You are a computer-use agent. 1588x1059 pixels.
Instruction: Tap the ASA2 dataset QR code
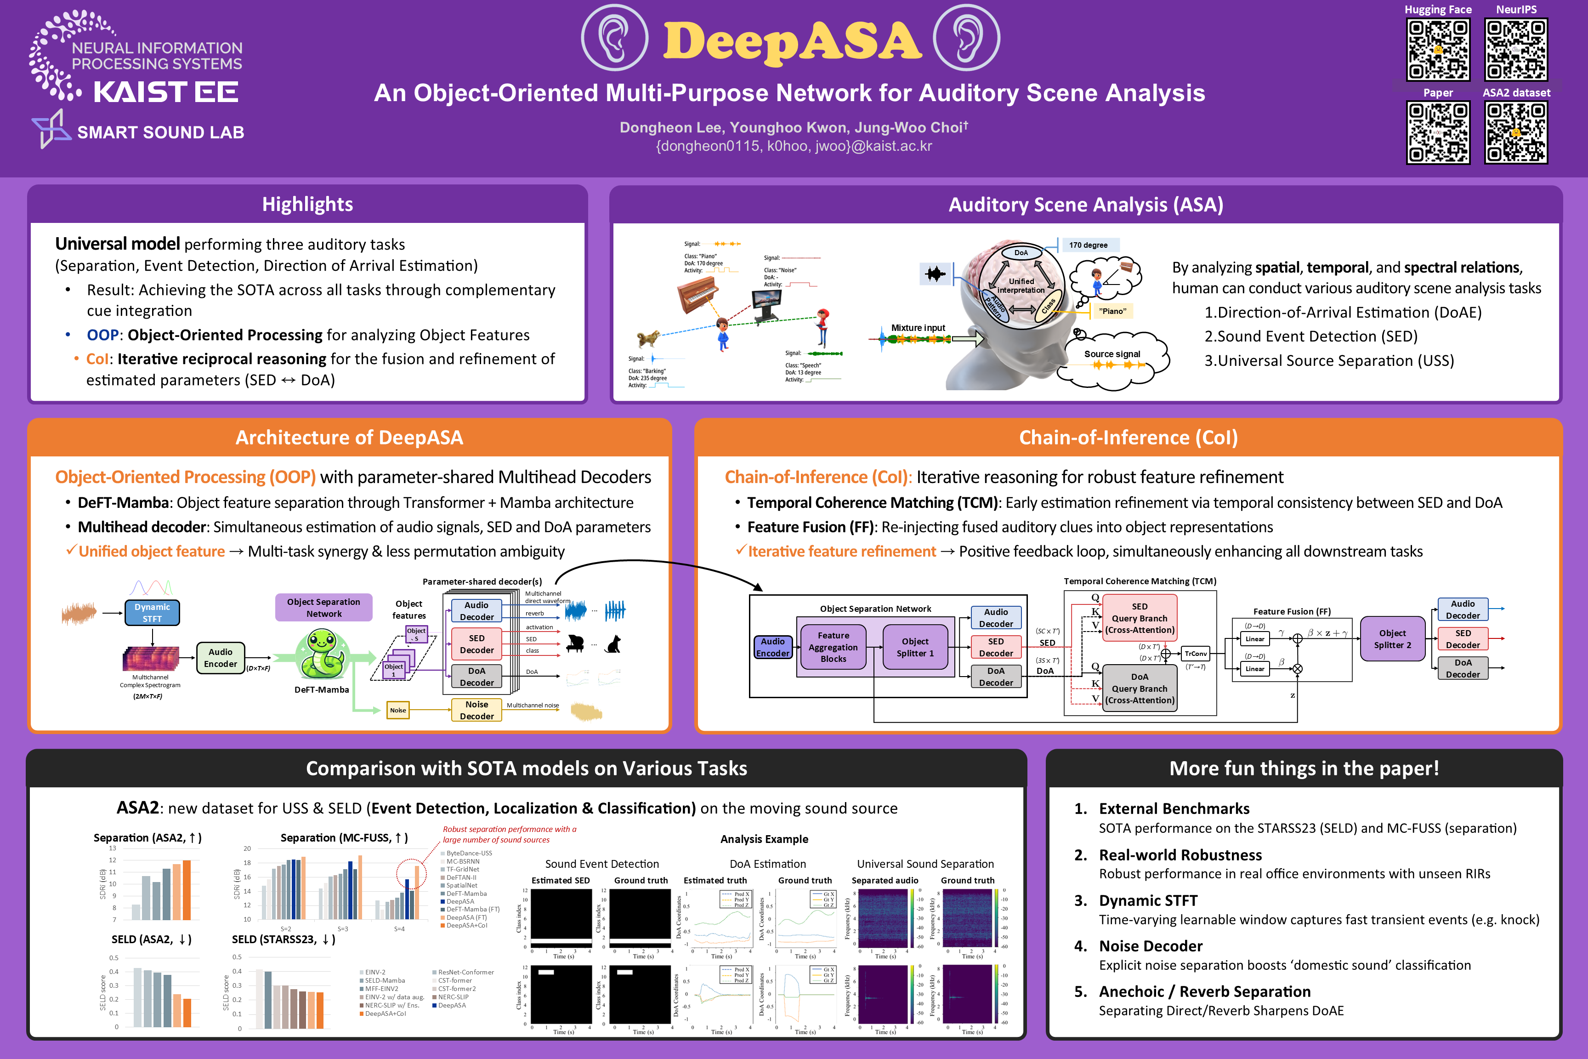[x=1516, y=132]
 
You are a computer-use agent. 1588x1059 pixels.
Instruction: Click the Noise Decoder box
[x=476, y=710]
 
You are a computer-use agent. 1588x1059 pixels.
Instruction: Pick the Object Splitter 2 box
[x=1392, y=639]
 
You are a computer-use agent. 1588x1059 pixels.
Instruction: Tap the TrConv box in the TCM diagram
[x=1195, y=653]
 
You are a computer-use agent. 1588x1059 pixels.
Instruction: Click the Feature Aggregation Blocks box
[x=833, y=647]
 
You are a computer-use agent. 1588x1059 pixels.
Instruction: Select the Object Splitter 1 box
[x=915, y=647]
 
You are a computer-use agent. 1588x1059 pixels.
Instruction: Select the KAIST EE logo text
[x=165, y=92]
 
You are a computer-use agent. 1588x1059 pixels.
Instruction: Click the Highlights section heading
[x=307, y=204]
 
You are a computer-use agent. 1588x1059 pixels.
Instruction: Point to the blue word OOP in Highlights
[x=102, y=335]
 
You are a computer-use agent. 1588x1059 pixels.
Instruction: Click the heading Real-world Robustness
[x=1180, y=855]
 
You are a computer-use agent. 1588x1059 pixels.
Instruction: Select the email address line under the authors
[x=794, y=146]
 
